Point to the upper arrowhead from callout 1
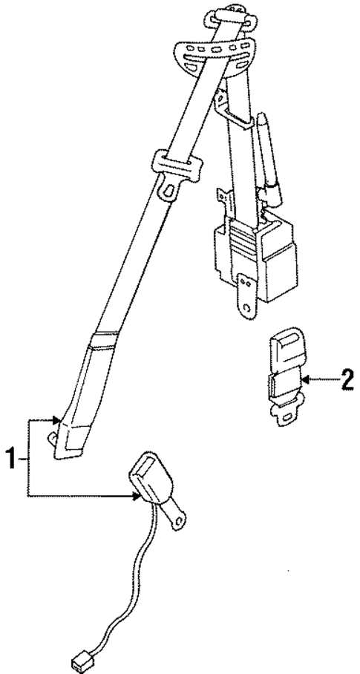coord(56,420)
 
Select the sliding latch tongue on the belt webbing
coord(175,170)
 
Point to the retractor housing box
coord(255,258)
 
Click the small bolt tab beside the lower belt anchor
coord(51,438)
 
